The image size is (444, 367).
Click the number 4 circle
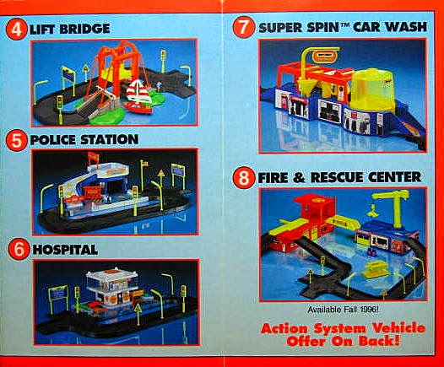coord(14,28)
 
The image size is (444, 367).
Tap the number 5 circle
coord(15,138)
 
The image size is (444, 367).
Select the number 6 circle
coord(15,249)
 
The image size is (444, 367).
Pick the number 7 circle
coord(244,25)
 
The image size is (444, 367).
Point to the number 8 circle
coord(244,177)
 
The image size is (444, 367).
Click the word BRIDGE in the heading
coord(84,29)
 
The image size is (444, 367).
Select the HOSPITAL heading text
coord(64,250)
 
